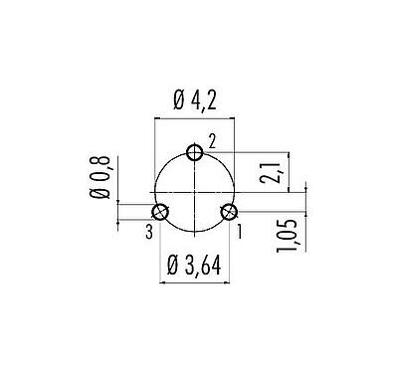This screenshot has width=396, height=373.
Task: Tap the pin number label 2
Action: click(x=212, y=139)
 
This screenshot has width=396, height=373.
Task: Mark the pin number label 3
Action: click(x=148, y=231)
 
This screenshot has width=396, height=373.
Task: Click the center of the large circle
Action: click(x=195, y=191)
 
